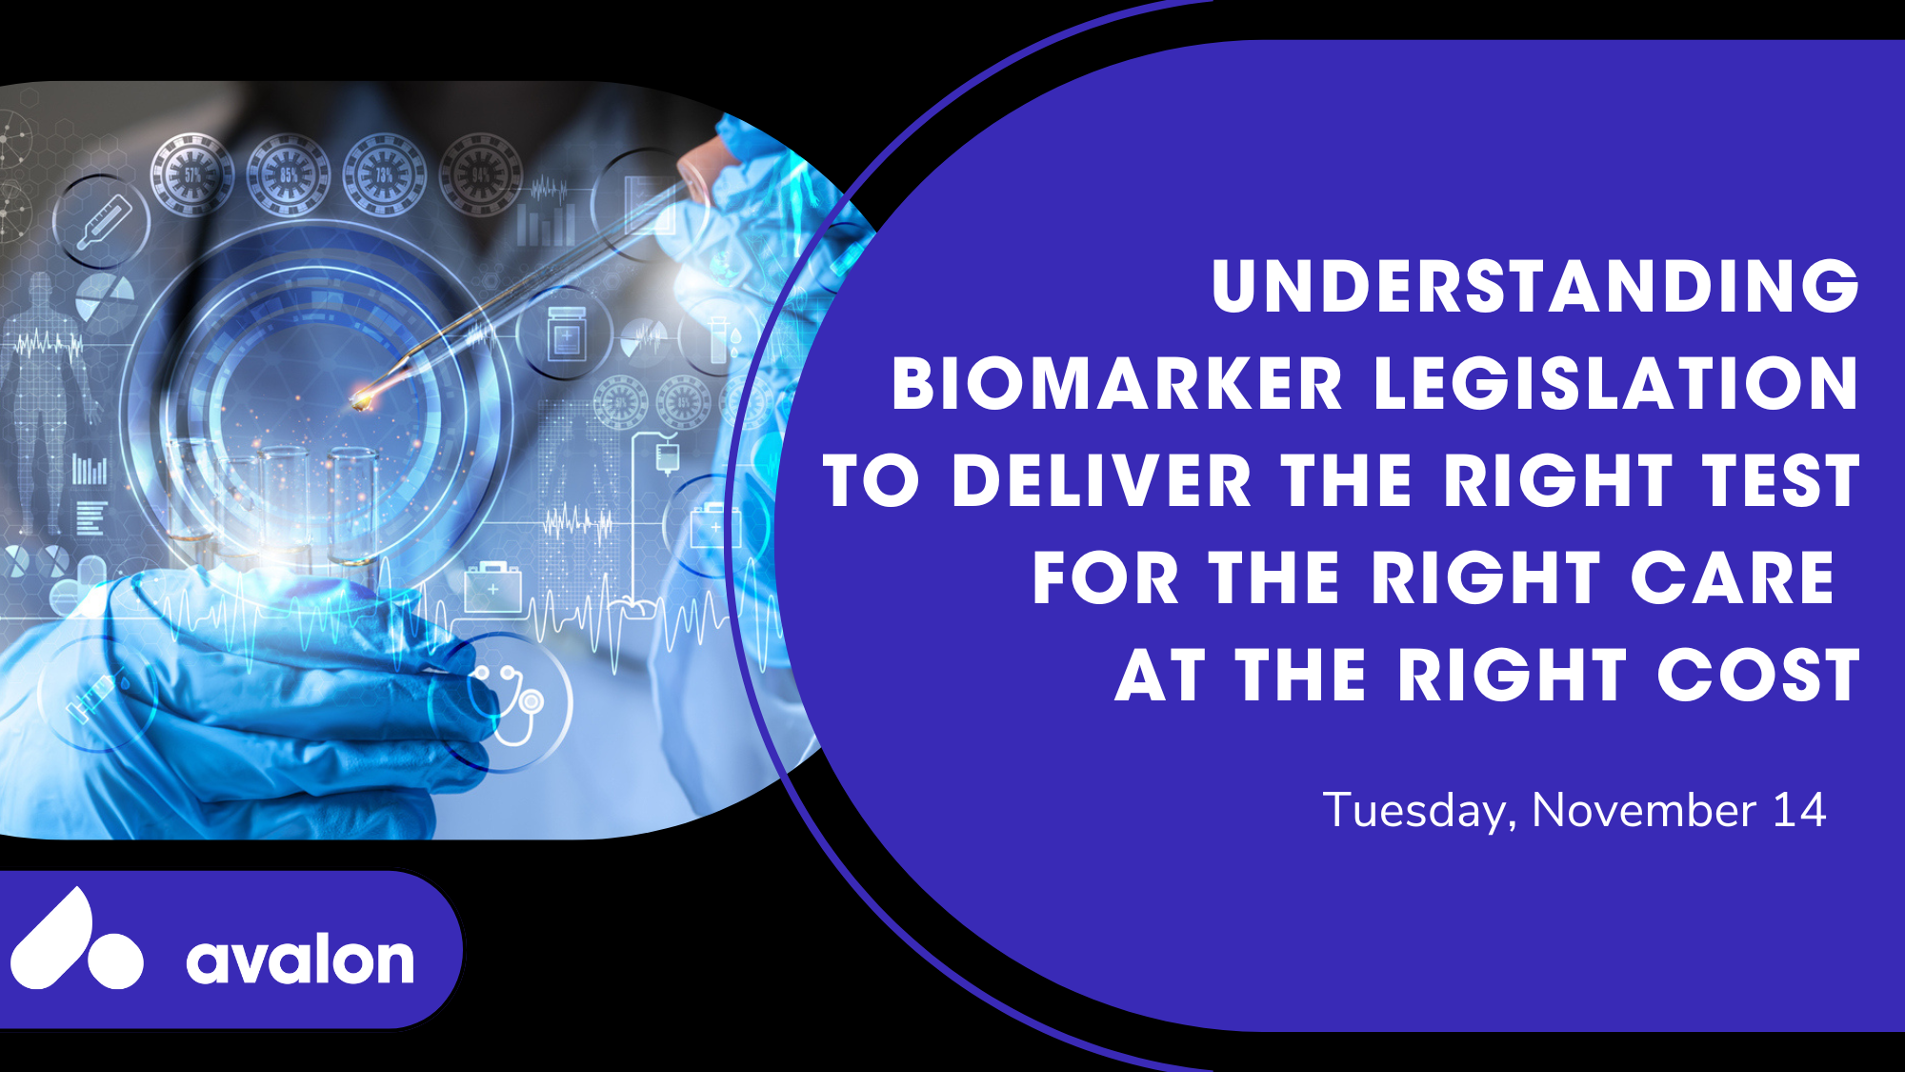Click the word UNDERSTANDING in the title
click(x=1535, y=286)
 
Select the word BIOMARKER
click(x=1117, y=384)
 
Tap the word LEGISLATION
click(x=1617, y=384)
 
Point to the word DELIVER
click(x=1101, y=481)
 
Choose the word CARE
click(x=1733, y=578)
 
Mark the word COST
click(x=1758, y=676)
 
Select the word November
click(x=1644, y=811)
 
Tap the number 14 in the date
click(x=1799, y=811)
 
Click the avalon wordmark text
click(x=300, y=961)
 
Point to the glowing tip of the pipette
click(x=361, y=400)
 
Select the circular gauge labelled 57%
click(x=192, y=174)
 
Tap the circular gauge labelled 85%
click(x=289, y=174)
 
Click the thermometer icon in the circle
click(x=103, y=222)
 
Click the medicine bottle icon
click(x=566, y=334)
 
